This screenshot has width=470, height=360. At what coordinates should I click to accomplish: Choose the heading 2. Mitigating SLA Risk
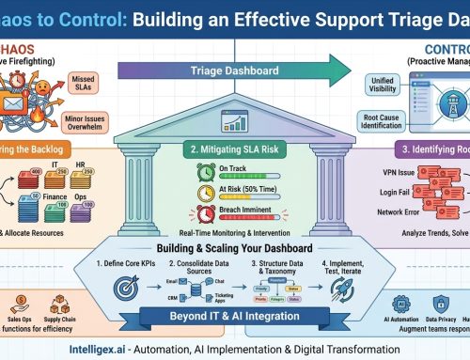click(235, 149)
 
